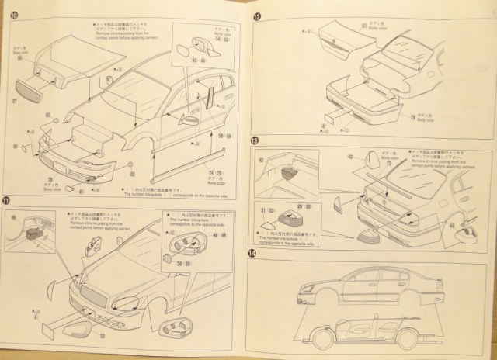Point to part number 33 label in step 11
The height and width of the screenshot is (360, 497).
point(102,335)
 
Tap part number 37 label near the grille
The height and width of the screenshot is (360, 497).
point(15,99)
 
